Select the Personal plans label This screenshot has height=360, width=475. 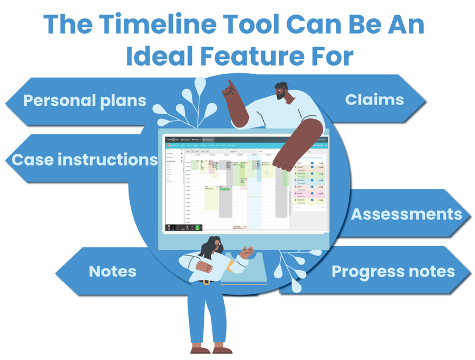click(x=85, y=101)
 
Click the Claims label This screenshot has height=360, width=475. click(x=375, y=99)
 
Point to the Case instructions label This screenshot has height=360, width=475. click(x=84, y=159)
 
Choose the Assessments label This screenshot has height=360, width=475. click(x=406, y=214)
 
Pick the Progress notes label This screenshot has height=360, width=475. click(x=393, y=271)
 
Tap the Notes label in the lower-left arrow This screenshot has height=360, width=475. click(x=112, y=271)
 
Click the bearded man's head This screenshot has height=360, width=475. click(x=281, y=91)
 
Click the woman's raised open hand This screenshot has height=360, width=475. click(x=247, y=252)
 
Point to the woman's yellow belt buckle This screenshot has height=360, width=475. click(x=206, y=282)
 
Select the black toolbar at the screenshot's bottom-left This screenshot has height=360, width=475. click(x=184, y=227)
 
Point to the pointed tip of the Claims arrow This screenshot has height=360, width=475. click(x=425, y=100)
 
